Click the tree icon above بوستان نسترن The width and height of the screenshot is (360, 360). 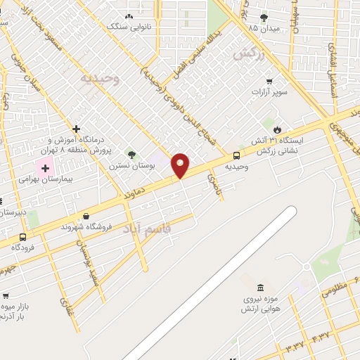click(x=131, y=154)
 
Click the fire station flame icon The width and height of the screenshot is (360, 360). click(x=278, y=129)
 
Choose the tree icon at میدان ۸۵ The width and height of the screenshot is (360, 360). click(x=264, y=18)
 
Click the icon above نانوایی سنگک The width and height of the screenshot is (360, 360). click(x=129, y=16)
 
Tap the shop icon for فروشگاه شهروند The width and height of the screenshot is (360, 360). click(x=86, y=216)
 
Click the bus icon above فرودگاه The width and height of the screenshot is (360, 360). click(x=23, y=237)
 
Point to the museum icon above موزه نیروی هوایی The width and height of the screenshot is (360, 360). click(x=261, y=288)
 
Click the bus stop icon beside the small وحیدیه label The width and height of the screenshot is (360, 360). click(x=236, y=156)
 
